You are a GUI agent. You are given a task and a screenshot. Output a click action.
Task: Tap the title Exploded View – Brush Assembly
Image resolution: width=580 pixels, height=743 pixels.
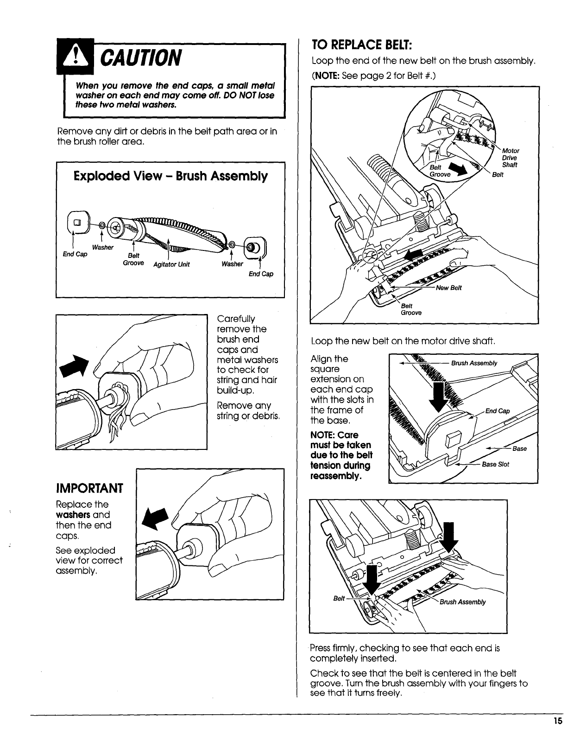170,176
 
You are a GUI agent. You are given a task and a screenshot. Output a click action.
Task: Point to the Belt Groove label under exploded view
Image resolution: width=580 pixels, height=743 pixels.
133,259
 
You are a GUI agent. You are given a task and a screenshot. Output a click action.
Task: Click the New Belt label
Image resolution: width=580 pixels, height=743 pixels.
449,288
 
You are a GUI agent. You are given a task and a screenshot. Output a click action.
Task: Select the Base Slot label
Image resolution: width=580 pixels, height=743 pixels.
495,464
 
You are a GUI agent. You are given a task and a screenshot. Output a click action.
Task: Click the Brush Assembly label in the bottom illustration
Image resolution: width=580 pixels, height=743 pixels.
462,602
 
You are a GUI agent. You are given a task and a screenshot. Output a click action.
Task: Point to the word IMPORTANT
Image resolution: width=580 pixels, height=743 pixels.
89,488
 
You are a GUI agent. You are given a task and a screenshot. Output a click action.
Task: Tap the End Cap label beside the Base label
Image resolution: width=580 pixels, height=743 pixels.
497,411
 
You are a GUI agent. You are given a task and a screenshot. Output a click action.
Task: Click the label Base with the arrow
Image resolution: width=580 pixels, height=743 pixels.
519,448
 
